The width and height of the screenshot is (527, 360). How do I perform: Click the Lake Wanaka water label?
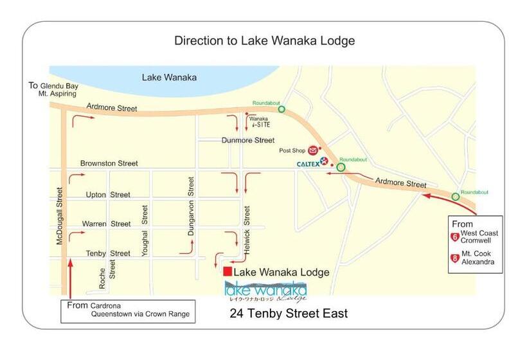pyautogui.click(x=169, y=78)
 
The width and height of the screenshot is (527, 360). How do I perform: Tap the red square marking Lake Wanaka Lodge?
pyautogui.click(x=228, y=272)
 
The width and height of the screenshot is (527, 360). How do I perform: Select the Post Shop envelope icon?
pyautogui.click(x=312, y=150)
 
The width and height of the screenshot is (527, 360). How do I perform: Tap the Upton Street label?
pyautogui.click(x=108, y=195)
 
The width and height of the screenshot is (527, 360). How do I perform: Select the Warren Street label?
pyautogui.click(x=106, y=224)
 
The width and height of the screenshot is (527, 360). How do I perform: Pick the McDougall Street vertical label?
pyautogui.click(x=58, y=215)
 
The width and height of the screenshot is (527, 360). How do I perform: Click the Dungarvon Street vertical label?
pyautogui.click(x=191, y=206)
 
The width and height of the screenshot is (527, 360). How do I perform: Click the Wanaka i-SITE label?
pyautogui.click(x=260, y=122)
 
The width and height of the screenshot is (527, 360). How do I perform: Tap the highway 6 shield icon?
pyautogui.click(x=455, y=237)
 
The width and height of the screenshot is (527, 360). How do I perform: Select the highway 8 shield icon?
pyautogui.click(x=455, y=259)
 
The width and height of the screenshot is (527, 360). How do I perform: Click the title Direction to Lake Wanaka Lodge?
pyautogui.click(x=264, y=41)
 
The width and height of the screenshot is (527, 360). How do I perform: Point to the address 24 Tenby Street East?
pyautogui.click(x=289, y=314)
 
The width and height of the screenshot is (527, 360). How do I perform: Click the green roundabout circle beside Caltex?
pyautogui.click(x=341, y=168)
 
